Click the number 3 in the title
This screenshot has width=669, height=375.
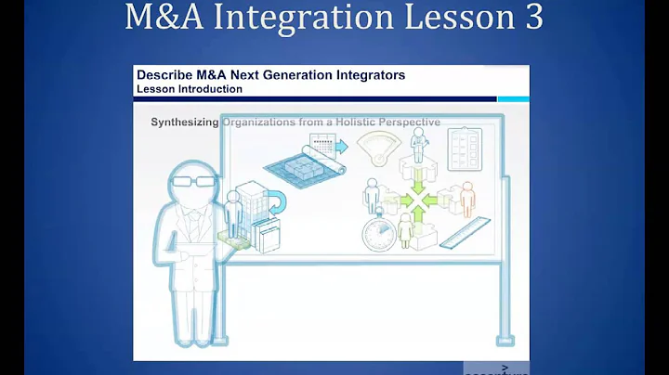coord(531,19)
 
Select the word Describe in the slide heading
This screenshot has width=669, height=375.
coord(164,74)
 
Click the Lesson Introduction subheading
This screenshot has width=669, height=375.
coord(189,89)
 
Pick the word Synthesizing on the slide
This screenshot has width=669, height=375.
coord(185,122)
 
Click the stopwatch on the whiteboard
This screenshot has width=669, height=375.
coord(378,233)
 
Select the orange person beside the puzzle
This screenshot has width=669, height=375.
coord(466,198)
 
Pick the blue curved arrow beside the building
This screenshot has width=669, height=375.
coord(276,199)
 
